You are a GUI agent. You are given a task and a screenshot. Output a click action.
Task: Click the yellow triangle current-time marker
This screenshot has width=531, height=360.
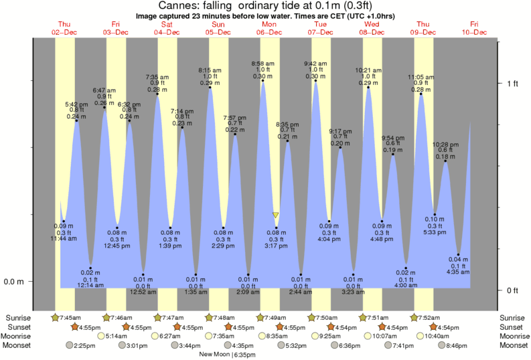point(275,215)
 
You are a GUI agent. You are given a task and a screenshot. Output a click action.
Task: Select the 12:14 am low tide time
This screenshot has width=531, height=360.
point(91,285)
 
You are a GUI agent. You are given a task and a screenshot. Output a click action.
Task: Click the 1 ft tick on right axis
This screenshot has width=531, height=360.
point(512,83)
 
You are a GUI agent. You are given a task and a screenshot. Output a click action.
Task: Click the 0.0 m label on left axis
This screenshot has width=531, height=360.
point(13,282)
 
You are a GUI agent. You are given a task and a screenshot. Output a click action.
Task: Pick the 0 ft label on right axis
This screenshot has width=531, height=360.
point(512,290)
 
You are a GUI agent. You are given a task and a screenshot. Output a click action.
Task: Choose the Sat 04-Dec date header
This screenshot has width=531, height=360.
point(166,27)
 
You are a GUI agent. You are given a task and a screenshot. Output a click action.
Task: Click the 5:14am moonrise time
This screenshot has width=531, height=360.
point(119,336)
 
